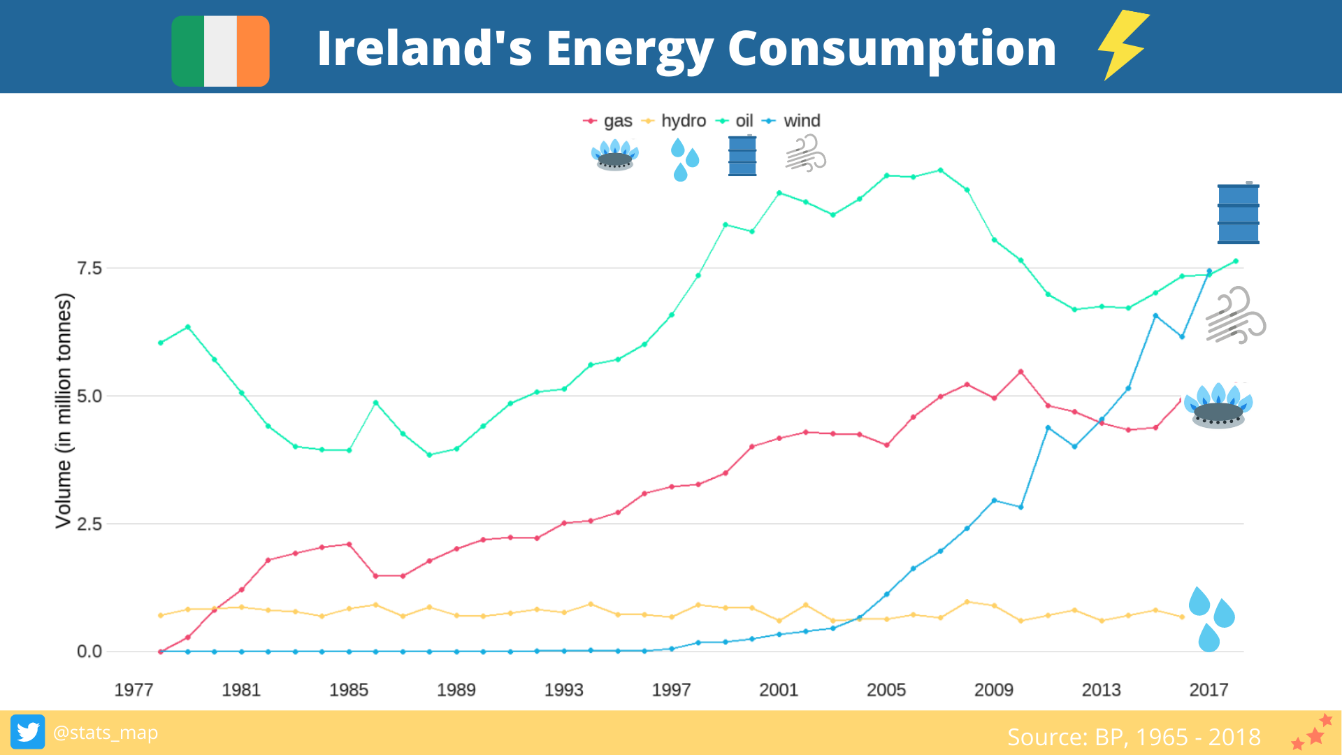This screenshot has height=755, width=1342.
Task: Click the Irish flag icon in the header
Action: (x=220, y=51)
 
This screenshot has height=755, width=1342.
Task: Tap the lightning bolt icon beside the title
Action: (x=1123, y=45)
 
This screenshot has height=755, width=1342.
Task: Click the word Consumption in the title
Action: (x=892, y=48)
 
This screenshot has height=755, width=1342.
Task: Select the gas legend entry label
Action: (x=618, y=121)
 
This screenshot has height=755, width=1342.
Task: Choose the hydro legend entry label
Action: (x=683, y=121)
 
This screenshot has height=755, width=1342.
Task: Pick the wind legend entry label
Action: (x=802, y=121)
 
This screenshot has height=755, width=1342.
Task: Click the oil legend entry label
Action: (x=744, y=121)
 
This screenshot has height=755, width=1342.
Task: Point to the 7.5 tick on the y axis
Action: (x=89, y=268)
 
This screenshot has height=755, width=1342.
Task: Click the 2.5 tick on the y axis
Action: (x=89, y=524)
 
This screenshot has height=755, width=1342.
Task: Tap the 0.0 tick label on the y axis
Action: (x=89, y=652)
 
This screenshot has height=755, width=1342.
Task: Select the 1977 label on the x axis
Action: (x=134, y=690)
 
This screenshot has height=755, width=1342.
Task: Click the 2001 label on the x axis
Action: (x=779, y=690)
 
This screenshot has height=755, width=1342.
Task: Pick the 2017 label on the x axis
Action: (x=1208, y=690)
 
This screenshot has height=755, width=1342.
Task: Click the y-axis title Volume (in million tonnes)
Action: (x=64, y=410)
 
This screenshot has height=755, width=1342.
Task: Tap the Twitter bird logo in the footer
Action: (x=28, y=732)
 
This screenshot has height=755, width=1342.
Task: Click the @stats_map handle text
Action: (x=106, y=733)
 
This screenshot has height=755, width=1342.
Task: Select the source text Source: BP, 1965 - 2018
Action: (x=1134, y=737)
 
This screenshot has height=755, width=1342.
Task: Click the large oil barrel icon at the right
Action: (x=1238, y=213)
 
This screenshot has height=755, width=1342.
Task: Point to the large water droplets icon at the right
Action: (x=1211, y=619)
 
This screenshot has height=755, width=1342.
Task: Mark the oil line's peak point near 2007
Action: (x=940, y=170)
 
